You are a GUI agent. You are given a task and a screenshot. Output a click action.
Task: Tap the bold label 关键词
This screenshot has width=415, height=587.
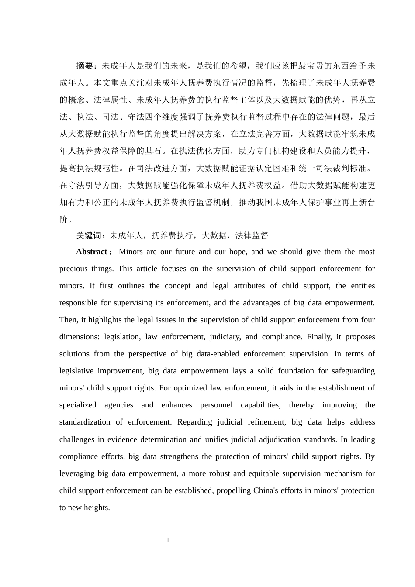point(89,236)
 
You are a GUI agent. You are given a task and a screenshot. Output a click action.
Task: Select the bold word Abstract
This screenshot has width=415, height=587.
point(92,252)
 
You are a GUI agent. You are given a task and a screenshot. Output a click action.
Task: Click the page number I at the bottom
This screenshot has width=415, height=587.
point(168,541)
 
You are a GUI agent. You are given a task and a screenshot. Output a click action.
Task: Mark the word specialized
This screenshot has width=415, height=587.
point(78,405)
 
